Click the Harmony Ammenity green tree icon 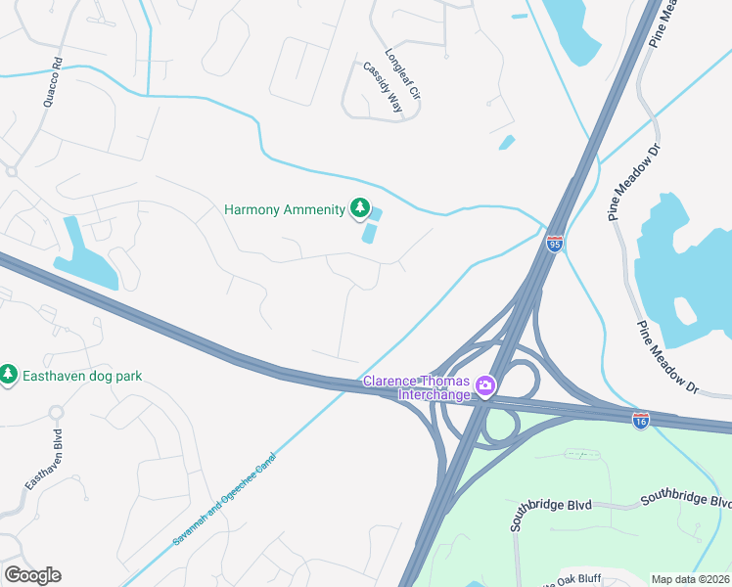click(x=360, y=208)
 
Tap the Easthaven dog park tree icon click(x=9, y=375)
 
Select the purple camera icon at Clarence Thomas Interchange click(x=484, y=387)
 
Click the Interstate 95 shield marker click(x=554, y=244)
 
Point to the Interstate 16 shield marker click(x=640, y=420)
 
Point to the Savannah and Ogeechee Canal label click(x=226, y=499)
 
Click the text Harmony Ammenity click(x=284, y=209)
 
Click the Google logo click(x=32, y=575)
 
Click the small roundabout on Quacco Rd click(x=12, y=171)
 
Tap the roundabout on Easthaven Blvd click(x=55, y=412)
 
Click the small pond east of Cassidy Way click(x=506, y=143)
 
